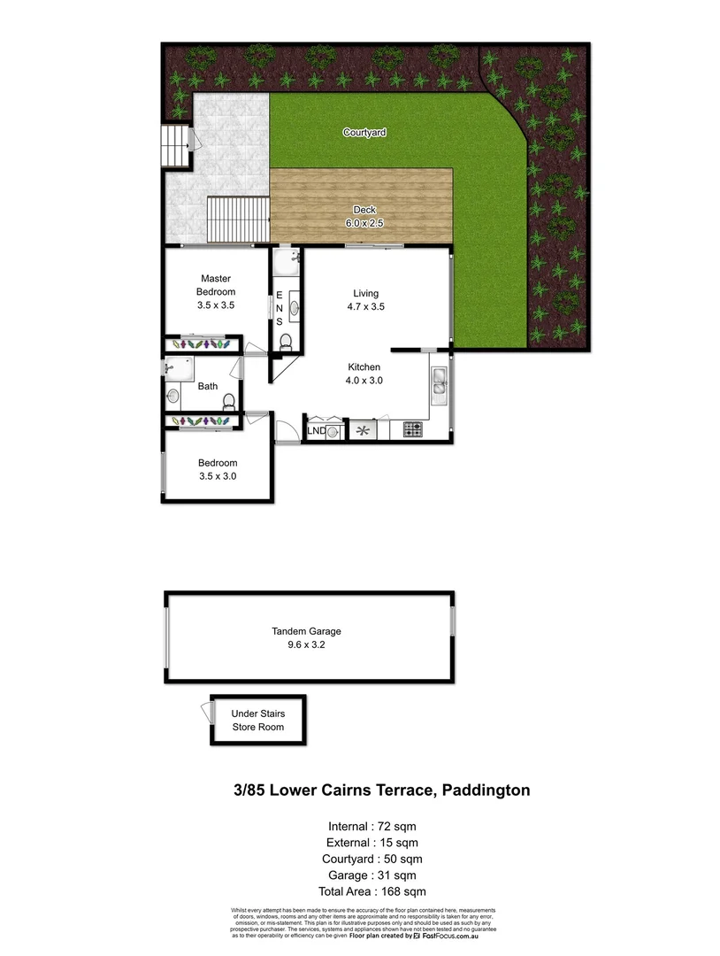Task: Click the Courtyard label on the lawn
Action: coord(364,133)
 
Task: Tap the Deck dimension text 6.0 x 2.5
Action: coord(365,223)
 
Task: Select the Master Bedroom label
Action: coord(216,285)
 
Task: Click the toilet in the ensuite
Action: coord(285,340)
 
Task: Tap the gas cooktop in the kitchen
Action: coord(413,430)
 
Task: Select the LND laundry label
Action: coord(316,431)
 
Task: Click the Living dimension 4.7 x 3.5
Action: coord(365,306)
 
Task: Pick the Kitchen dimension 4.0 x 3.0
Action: coord(364,381)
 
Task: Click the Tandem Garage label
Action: coord(306,631)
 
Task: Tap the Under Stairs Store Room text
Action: coord(258,720)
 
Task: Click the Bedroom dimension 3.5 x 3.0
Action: coord(218,476)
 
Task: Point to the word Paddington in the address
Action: coord(486,790)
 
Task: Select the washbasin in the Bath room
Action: coord(173,396)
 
